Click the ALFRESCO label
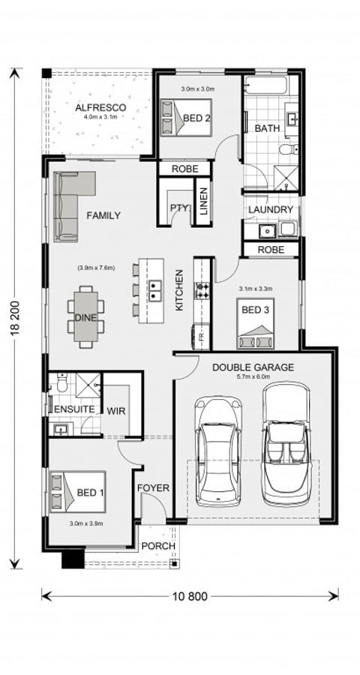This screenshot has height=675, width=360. [100, 108]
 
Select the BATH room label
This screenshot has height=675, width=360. [267, 129]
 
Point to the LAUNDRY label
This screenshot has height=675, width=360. [270, 209]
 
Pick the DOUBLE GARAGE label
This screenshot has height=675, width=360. [253, 367]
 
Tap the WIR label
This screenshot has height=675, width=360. [116, 411]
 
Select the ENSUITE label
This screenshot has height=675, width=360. [73, 409]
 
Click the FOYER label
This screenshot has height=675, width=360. [153, 488]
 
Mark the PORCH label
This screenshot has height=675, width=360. [157, 546]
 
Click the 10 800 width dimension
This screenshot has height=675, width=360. [188, 596]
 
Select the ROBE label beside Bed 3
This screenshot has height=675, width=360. [271, 250]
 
